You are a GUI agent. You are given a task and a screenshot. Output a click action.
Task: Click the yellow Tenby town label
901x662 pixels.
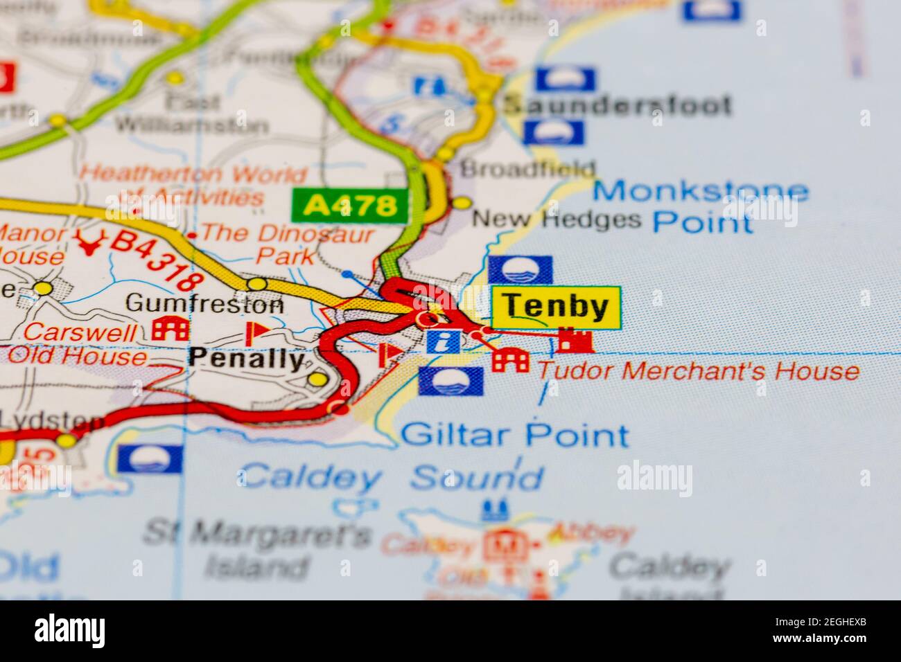pyautogui.click(x=555, y=307)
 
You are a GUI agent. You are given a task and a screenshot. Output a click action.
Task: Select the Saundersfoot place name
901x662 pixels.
pyautogui.click(x=617, y=105)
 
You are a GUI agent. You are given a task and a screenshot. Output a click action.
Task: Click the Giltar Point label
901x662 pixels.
pyautogui.click(x=515, y=436)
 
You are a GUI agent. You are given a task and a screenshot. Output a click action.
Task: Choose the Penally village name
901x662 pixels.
pyautogui.click(x=247, y=358)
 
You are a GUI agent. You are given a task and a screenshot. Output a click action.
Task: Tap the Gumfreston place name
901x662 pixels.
pyautogui.click(x=205, y=303)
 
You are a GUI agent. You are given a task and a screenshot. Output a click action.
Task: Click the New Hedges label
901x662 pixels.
pyautogui.click(x=557, y=220)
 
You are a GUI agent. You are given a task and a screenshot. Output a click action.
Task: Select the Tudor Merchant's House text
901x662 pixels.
pyautogui.click(x=699, y=371)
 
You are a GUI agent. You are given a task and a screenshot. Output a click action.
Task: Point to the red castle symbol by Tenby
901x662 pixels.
pyautogui.click(x=575, y=340)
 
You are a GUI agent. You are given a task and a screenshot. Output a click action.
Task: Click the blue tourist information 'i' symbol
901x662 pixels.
pyautogui.click(x=443, y=341)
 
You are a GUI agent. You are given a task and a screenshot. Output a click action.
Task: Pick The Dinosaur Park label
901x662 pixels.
pyautogui.click(x=288, y=244)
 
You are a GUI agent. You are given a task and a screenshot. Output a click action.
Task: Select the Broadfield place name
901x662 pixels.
pyautogui.click(x=528, y=168)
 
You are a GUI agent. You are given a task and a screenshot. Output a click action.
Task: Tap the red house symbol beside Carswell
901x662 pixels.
pyautogui.click(x=170, y=328)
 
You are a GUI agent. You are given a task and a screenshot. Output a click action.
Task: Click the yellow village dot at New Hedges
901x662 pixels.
pyautogui.click(x=462, y=203)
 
